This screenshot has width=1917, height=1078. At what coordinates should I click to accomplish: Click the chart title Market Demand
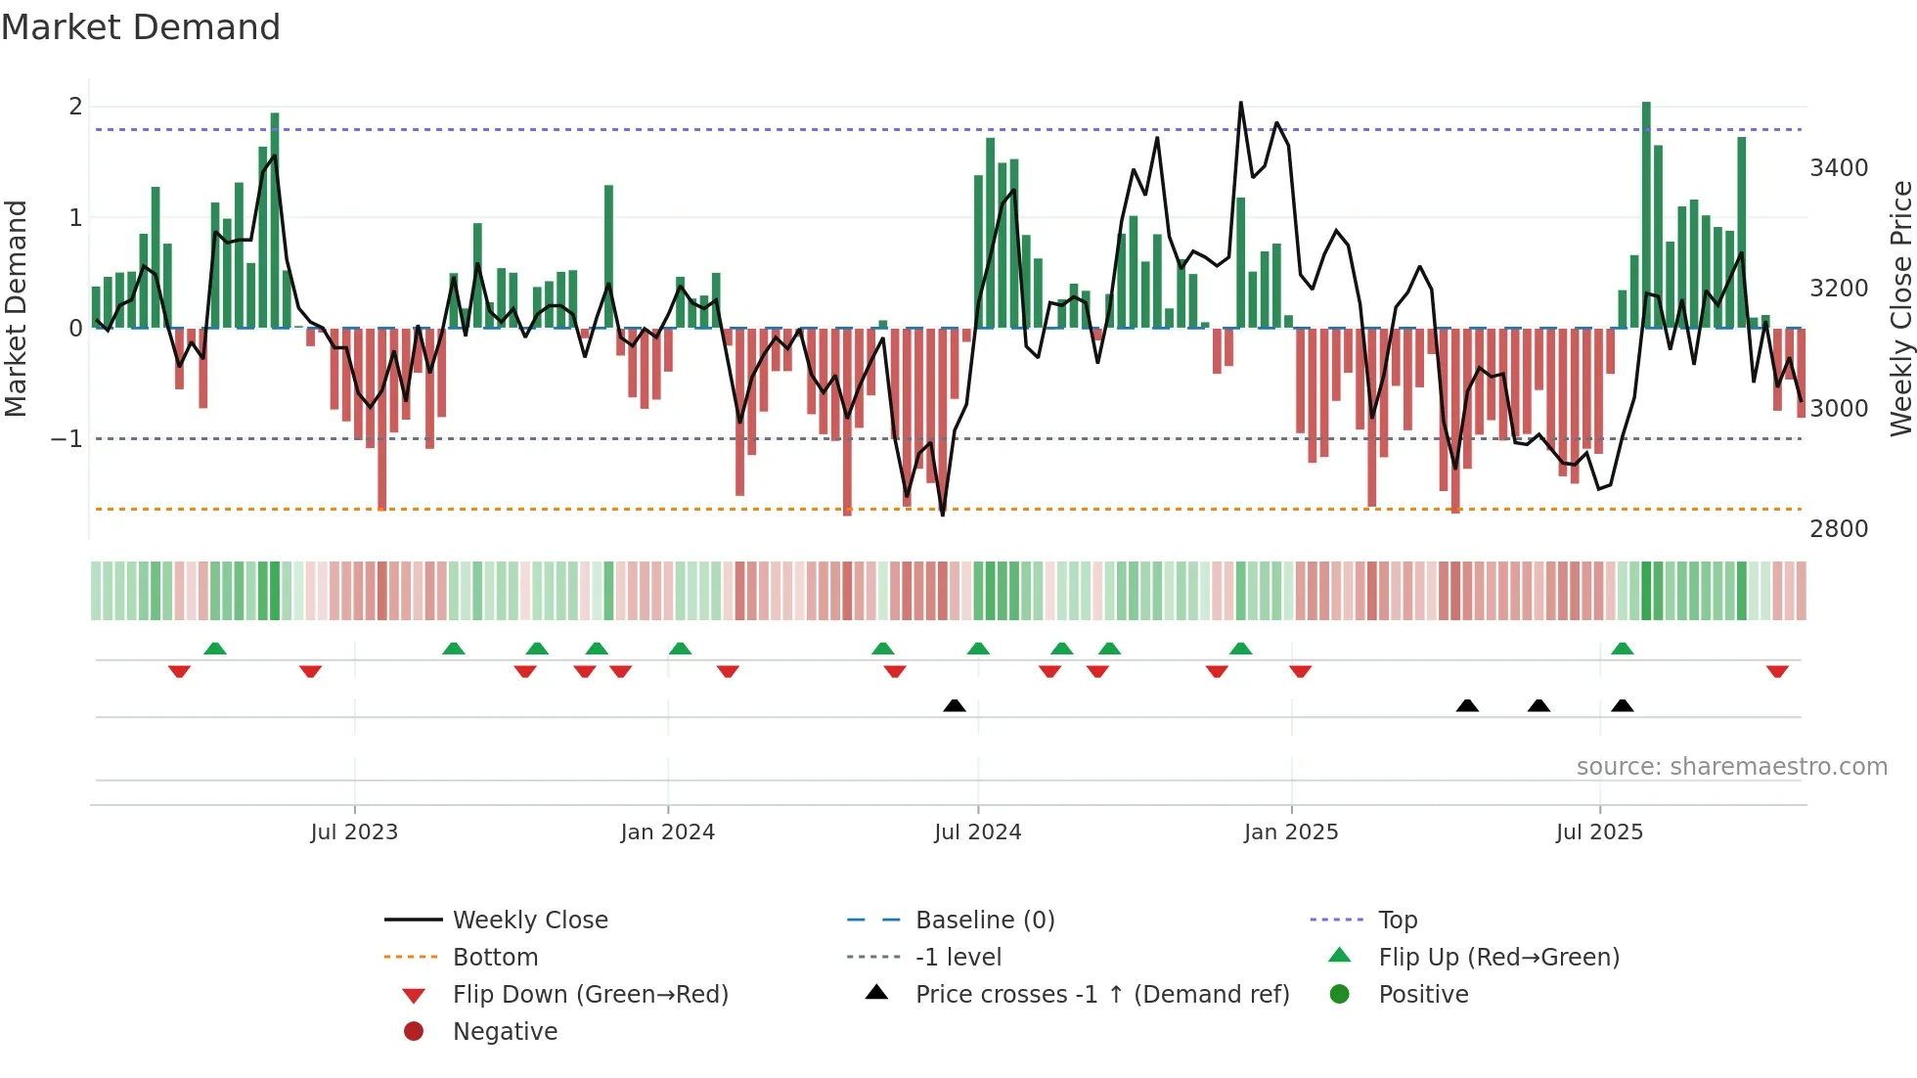(x=141, y=27)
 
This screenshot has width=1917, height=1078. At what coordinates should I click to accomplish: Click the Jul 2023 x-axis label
(x=354, y=832)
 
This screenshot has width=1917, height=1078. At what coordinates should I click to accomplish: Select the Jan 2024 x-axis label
(x=667, y=832)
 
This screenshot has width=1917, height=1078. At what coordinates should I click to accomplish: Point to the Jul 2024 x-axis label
(x=977, y=832)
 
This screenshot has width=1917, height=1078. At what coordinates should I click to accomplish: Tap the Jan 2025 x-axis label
(x=1291, y=832)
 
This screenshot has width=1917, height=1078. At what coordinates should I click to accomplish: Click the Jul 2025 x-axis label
(x=1599, y=832)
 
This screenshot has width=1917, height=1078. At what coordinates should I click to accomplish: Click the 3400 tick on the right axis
(x=1839, y=168)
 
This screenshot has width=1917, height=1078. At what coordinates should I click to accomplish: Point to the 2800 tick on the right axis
(x=1839, y=529)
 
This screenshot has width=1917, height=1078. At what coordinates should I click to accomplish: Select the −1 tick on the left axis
(x=67, y=439)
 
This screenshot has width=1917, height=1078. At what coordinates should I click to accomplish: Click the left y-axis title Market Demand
(x=17, y=308)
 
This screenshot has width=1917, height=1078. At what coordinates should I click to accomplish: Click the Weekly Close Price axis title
(x=1900, y=308)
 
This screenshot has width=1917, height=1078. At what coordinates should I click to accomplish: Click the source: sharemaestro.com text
(x=1731, y=767)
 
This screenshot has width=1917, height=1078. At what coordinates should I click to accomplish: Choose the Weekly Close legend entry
(x=529, y=921)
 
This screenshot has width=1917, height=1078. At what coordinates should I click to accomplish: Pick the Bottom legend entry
(x=495, y=958)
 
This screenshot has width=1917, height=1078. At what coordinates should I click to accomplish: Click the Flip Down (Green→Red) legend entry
(x=590, y=995)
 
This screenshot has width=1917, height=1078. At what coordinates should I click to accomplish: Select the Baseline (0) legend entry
(x=984, y=921)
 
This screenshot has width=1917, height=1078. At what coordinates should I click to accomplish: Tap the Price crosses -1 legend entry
(x=1101, y=995)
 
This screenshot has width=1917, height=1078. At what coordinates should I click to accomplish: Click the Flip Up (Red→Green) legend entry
(x=1498, y=958)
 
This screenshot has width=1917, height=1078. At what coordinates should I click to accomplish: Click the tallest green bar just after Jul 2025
(x=1646, y=215)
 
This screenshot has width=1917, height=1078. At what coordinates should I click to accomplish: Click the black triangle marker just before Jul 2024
(x=955, y=706)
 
